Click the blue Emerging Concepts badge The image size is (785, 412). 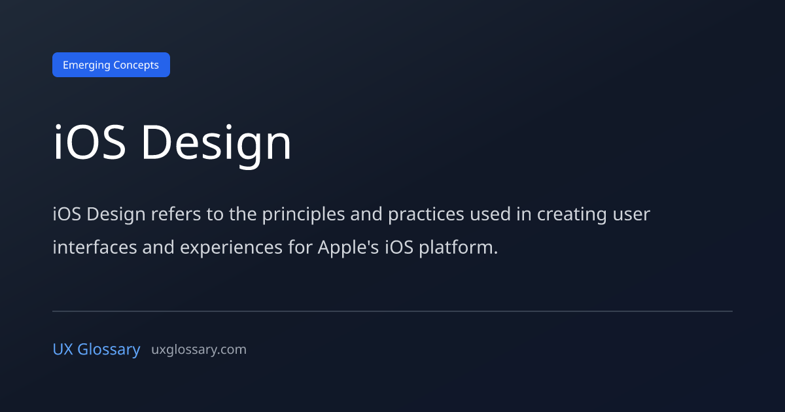pyautogui.click(x=111, y=65)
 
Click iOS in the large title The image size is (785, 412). pyautogui.click(x=89, y=142)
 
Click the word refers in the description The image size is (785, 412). pyautogui.click(x=176, y=214)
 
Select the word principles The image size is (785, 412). pyautogui.click(x=304, y=215)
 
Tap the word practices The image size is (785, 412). pyautogui.click(x=426, y=215)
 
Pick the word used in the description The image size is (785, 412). pyautogui.click(x=490, y=214)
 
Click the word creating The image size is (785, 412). pyautogui.click(x=572, y=215)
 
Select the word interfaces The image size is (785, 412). pyautogui.click(x=95, y=247)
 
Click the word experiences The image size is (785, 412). pyautogui.click(x=232, y=249)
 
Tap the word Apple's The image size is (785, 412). pyautogui.click(x=348, y=249)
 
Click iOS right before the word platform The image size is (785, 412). pyautogui.click(x=399, y=247)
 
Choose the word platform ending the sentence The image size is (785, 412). pyautogui.click(x=459, y=249)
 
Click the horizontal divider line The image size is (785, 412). pyautogui.click(x=392, y=311)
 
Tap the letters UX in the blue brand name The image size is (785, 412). pyautogui.click(x=63, y=349)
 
